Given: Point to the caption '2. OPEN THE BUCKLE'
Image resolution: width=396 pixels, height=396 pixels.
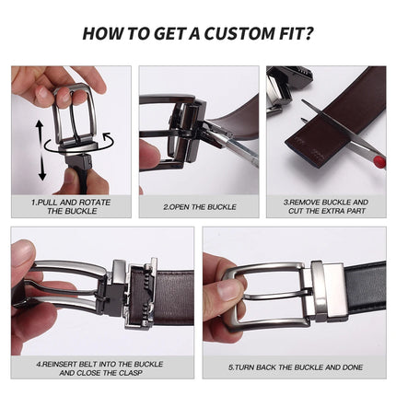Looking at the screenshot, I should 199,207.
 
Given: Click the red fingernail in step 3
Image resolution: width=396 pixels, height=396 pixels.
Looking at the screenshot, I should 379,162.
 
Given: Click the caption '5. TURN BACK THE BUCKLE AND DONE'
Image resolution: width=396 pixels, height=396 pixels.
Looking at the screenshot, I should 295,367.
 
